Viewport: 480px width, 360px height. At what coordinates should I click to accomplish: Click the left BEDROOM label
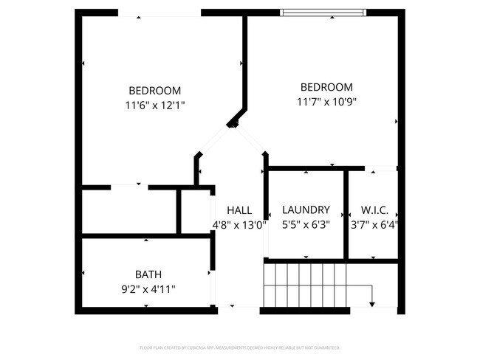tap(154, 91)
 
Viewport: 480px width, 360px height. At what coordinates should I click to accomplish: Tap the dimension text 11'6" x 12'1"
tap(154, 105)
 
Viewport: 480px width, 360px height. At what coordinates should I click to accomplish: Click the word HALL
tap(239, 210)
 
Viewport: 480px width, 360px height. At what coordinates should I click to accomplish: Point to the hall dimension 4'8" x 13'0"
tap(239, 225)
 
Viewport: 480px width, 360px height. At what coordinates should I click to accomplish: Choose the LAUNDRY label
tap(306, 210)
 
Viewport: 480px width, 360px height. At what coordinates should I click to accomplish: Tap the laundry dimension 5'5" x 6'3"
tap(306, 225)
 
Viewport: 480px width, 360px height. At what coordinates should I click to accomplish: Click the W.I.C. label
tap(374, 210)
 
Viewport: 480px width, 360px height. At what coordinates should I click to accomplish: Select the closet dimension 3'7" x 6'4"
tap(374, 225)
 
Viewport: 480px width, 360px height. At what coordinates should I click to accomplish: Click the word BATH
tap(148, 274)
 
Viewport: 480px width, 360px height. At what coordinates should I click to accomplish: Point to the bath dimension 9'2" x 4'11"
tap(148, 289)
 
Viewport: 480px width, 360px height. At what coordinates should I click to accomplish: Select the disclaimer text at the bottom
tap(240, 347)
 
